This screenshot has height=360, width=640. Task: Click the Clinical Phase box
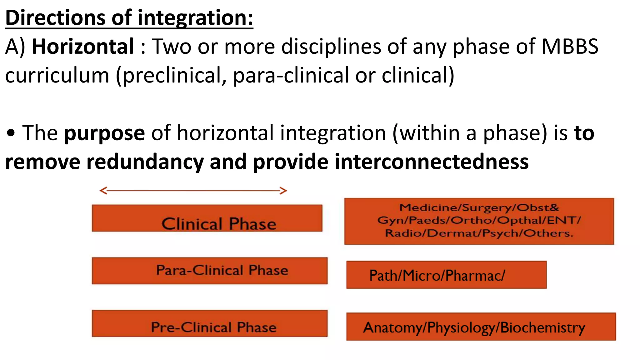tap(207, 218)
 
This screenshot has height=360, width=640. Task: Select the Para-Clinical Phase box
tap(209, 271)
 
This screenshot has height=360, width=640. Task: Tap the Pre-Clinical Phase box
tap(209, 323)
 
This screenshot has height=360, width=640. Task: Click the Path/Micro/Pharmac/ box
tap(446, 275)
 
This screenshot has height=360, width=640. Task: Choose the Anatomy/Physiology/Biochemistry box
tap(481, 327)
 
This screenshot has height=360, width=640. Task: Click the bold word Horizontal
tap(83, 47)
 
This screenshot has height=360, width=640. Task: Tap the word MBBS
tap(570, 47)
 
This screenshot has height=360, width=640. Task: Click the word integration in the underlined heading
tap(195, 18)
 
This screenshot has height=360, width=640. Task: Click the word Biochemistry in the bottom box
tap(542, 327)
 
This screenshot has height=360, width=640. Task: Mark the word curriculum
tap(57, 76)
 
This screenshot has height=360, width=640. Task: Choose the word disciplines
tap(331, 47)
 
